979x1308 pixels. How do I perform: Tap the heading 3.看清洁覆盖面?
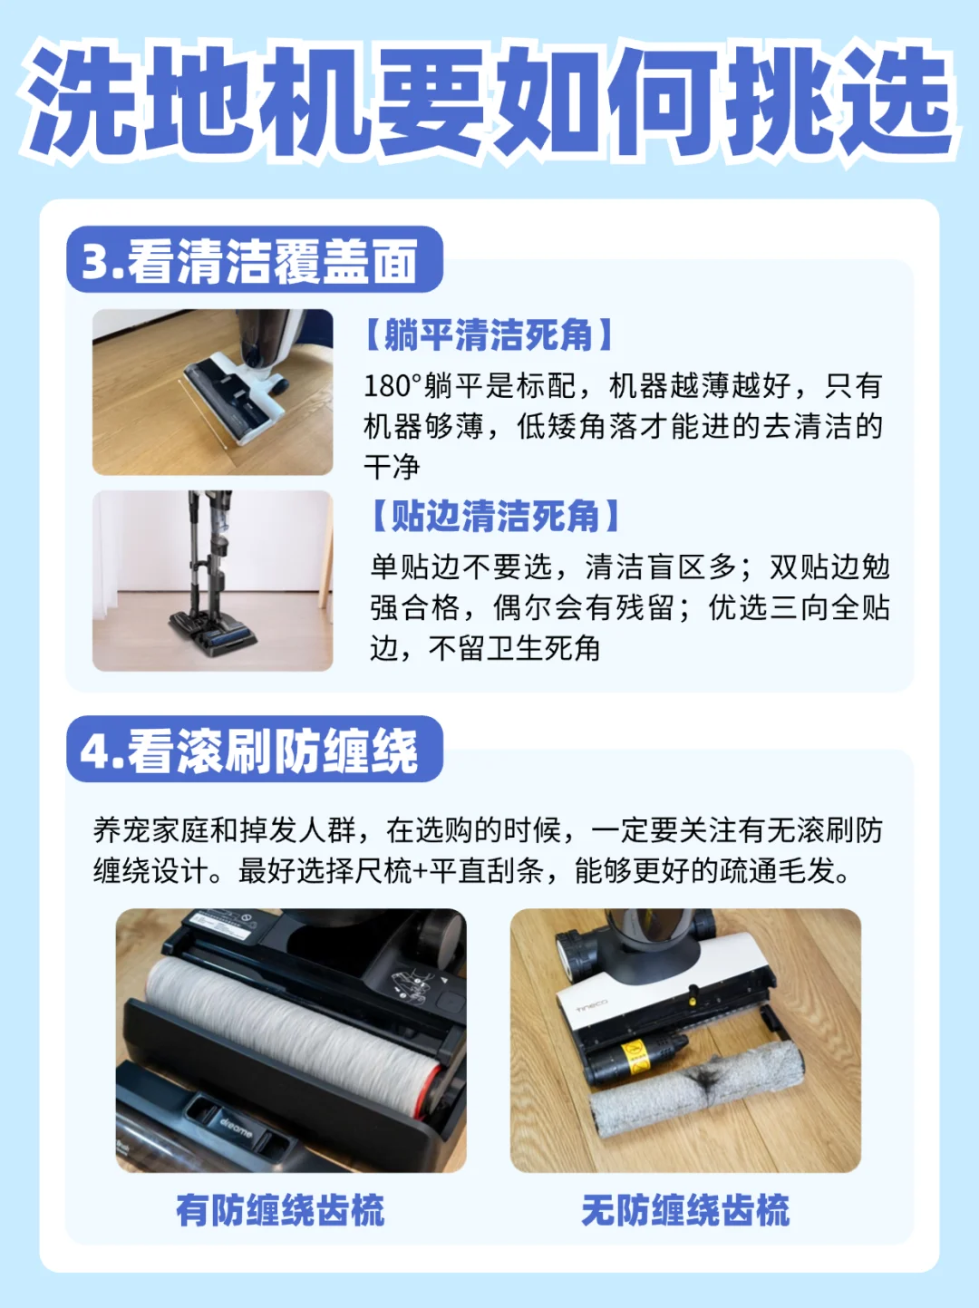point(249,260)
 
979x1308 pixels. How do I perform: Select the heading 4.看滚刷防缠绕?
point(249,751)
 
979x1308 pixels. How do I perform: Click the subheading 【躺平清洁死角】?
point(489,334)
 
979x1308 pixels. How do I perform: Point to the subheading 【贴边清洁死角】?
point(495,516)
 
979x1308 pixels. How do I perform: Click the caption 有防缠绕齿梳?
point(280,1210)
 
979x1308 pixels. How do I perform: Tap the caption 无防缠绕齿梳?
point(685,1210)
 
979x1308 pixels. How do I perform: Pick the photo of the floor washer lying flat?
point(213,392)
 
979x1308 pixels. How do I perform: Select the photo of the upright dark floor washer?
point(213,581)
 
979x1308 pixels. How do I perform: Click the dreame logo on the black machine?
point(236,1128)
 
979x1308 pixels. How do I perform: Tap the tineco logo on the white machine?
point(592,1006)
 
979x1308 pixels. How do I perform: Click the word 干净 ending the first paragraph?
point(393,466)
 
